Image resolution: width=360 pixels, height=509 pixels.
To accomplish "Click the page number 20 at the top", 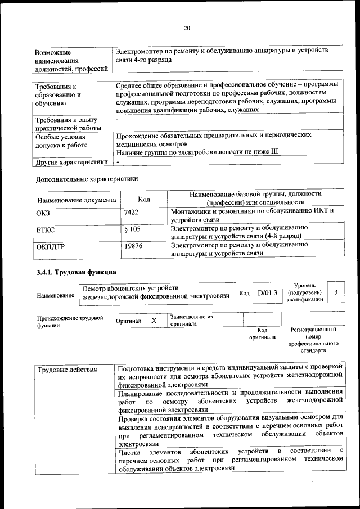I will click(187, 29).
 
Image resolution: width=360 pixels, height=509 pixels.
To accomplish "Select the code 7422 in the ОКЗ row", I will click(131, 212).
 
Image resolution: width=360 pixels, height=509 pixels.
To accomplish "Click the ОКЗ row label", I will click(43, 212).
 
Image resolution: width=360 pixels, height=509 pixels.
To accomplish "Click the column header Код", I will click(144, 199).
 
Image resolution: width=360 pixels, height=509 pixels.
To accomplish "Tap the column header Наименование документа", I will click(76, 200).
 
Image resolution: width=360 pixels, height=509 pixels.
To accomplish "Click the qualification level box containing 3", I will click(336, 292).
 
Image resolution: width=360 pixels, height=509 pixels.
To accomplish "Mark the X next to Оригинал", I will click(154, 321).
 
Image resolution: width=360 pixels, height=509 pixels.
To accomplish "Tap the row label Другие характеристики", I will click(71, 162).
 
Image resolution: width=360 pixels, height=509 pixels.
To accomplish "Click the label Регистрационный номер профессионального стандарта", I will click(313, 340).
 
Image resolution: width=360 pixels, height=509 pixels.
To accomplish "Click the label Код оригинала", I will click(262, 334).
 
